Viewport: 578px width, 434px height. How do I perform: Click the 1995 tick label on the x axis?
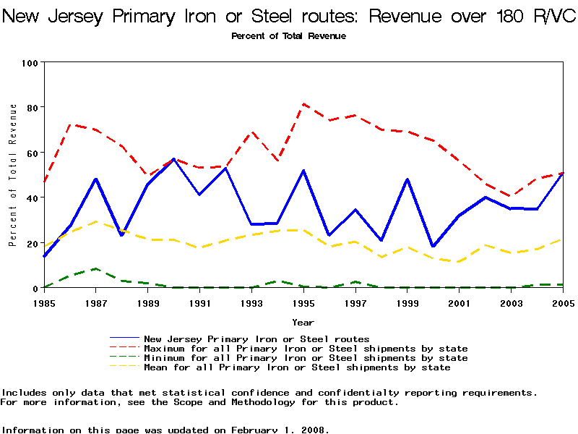pyautogui.click(x=303, y=302)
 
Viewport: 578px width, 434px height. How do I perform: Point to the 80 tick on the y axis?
pyautogui.click(x=31, y=107)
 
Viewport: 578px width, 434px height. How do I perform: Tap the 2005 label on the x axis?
pyautogui.click(x=564, y=302)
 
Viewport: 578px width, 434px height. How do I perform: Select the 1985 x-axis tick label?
pyautogui.click(x=44, y=302)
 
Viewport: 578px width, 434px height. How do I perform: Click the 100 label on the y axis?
pyautogui.click(x=29, y=62)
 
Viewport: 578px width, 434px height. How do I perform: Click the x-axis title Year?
pyautogui.click(x=303, y=322)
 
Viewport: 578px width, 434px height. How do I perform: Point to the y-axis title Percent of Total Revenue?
pyautogui.click(x=13, y=175)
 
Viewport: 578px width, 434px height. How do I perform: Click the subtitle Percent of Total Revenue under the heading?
pyautogui.click(x=288, y=36)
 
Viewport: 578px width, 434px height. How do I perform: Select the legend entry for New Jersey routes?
pyautogui.click(x=256, y=339)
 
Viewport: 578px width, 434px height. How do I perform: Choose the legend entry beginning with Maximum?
pyautogui.click(x=306, y=349)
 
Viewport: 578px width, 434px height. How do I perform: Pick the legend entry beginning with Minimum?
pyautogui.click(x=306, y=358)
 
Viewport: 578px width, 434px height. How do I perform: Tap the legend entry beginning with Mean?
pyautogui.click(x=297, y=367)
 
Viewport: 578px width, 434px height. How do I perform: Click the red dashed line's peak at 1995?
pyautogui.click(x=303, y=103)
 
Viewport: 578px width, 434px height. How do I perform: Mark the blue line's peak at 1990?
pyautogui.click(x=173, y=158)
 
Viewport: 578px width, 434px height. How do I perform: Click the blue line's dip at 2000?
pyautogui.click(x=433, y=247)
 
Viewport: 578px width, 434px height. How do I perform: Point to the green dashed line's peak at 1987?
pyautogui.click(x=96, y=268)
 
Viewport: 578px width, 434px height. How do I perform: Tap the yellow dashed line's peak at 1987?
pyautogui.click(x=96, y=221)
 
